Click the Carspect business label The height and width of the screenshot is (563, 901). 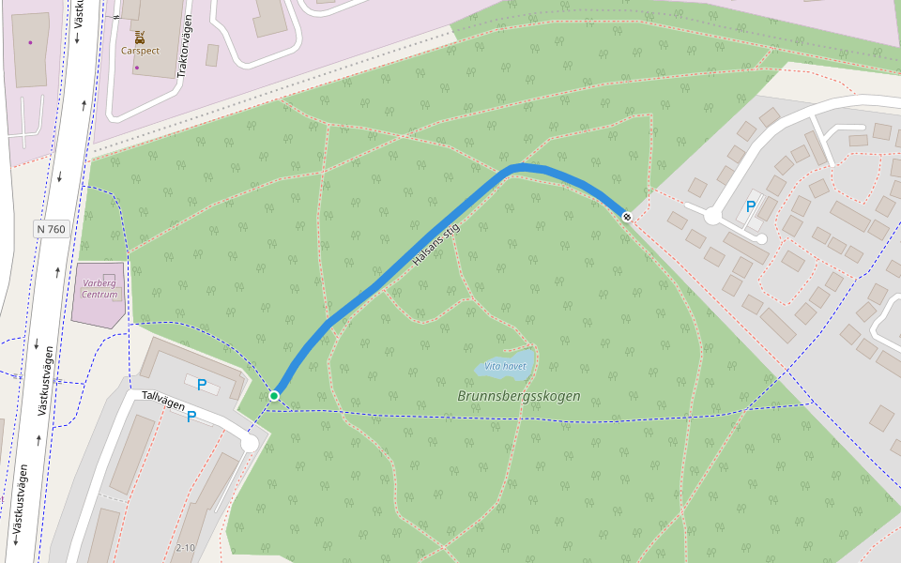(140, 52)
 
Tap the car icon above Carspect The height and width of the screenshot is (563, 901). (140, 38)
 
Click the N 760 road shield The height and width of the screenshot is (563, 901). (52, 229)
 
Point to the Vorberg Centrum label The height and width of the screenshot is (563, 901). (99, 288)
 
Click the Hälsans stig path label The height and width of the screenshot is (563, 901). (435, 245)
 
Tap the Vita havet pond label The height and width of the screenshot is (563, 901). (505, 365)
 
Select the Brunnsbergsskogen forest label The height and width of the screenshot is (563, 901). (519, 396)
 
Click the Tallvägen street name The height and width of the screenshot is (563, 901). (163, 399)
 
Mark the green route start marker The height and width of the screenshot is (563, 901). (274, 396)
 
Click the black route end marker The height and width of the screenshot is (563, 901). (627, 217)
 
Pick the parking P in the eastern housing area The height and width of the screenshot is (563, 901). (750, 205)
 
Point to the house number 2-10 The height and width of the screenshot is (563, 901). (185, 547)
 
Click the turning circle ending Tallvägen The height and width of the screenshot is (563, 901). (250, 443)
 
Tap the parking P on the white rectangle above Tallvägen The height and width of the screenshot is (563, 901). (202, 384)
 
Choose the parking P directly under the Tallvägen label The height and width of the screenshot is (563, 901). (191, 417)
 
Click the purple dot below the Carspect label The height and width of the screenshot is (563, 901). (136, 68)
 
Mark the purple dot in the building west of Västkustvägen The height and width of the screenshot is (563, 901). (30, 42)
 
